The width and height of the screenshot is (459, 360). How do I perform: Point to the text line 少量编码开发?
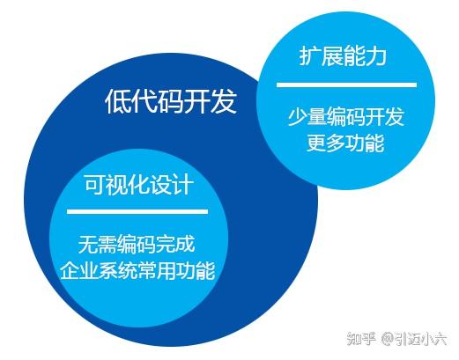pos(346,116)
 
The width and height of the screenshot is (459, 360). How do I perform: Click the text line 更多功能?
pos(346,143)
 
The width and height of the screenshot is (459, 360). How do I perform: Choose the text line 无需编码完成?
pos(137,242)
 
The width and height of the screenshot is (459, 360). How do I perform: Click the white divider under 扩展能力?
pos(346,84)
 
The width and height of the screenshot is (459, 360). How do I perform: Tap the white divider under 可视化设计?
pos(137,211)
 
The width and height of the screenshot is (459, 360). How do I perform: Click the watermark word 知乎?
pos(361,338)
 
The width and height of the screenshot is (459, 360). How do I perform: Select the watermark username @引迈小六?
pos(414,338)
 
